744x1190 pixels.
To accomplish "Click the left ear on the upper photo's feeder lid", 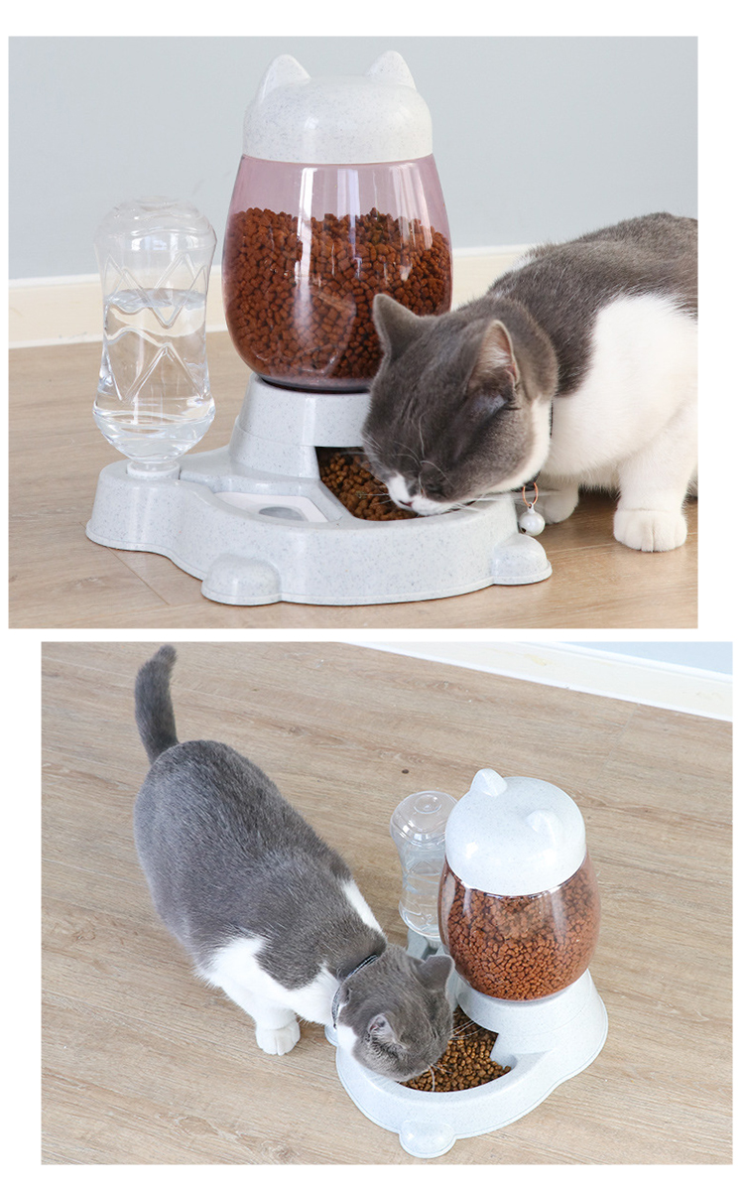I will click(x=284, y=74).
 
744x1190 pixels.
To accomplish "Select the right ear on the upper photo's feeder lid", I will click(x=391, y=68).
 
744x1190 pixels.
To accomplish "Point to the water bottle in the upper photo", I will click(x=154, y=328).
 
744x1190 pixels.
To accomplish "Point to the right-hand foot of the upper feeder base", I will click(x=520, y=561).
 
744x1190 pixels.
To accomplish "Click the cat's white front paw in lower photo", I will click(x=278, y=1037).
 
